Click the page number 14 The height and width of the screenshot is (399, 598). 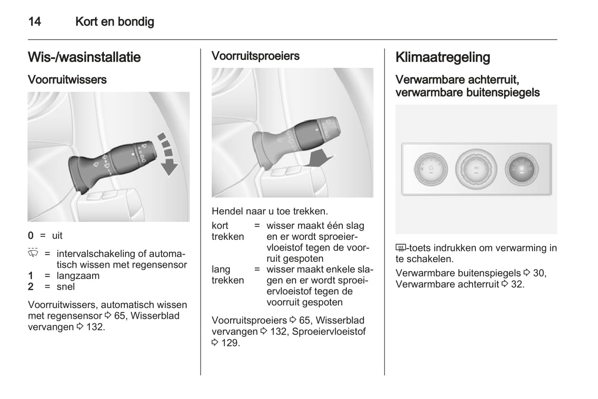click(x=34, y=22)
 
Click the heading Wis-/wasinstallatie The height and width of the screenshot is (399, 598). click(x=84, y=57)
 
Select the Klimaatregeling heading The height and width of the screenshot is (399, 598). click(x=442, y=57)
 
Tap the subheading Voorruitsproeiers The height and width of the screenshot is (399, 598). click(x=255, y=56)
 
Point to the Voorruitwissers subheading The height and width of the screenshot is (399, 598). click(x=67, y=79)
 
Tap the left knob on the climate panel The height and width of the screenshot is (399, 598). click(x=431, y=170)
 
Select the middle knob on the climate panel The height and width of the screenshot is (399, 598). click(x=476, y=169)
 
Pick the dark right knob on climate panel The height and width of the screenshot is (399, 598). click(x=521, y=170)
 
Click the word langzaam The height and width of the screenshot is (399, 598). click(x=78, y=276)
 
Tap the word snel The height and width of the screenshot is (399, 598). click(x=65, y=287)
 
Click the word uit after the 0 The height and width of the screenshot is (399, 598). click(x=57, y=236)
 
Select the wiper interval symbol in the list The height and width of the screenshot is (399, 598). click(x=33, y=253)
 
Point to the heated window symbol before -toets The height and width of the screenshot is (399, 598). click(x=400, y=248)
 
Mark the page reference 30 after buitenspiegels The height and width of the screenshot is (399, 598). click(x=539, y=273)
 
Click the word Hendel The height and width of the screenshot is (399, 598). click(x=227, y=211)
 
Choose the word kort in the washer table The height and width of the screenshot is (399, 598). click(x=220, y=226)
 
